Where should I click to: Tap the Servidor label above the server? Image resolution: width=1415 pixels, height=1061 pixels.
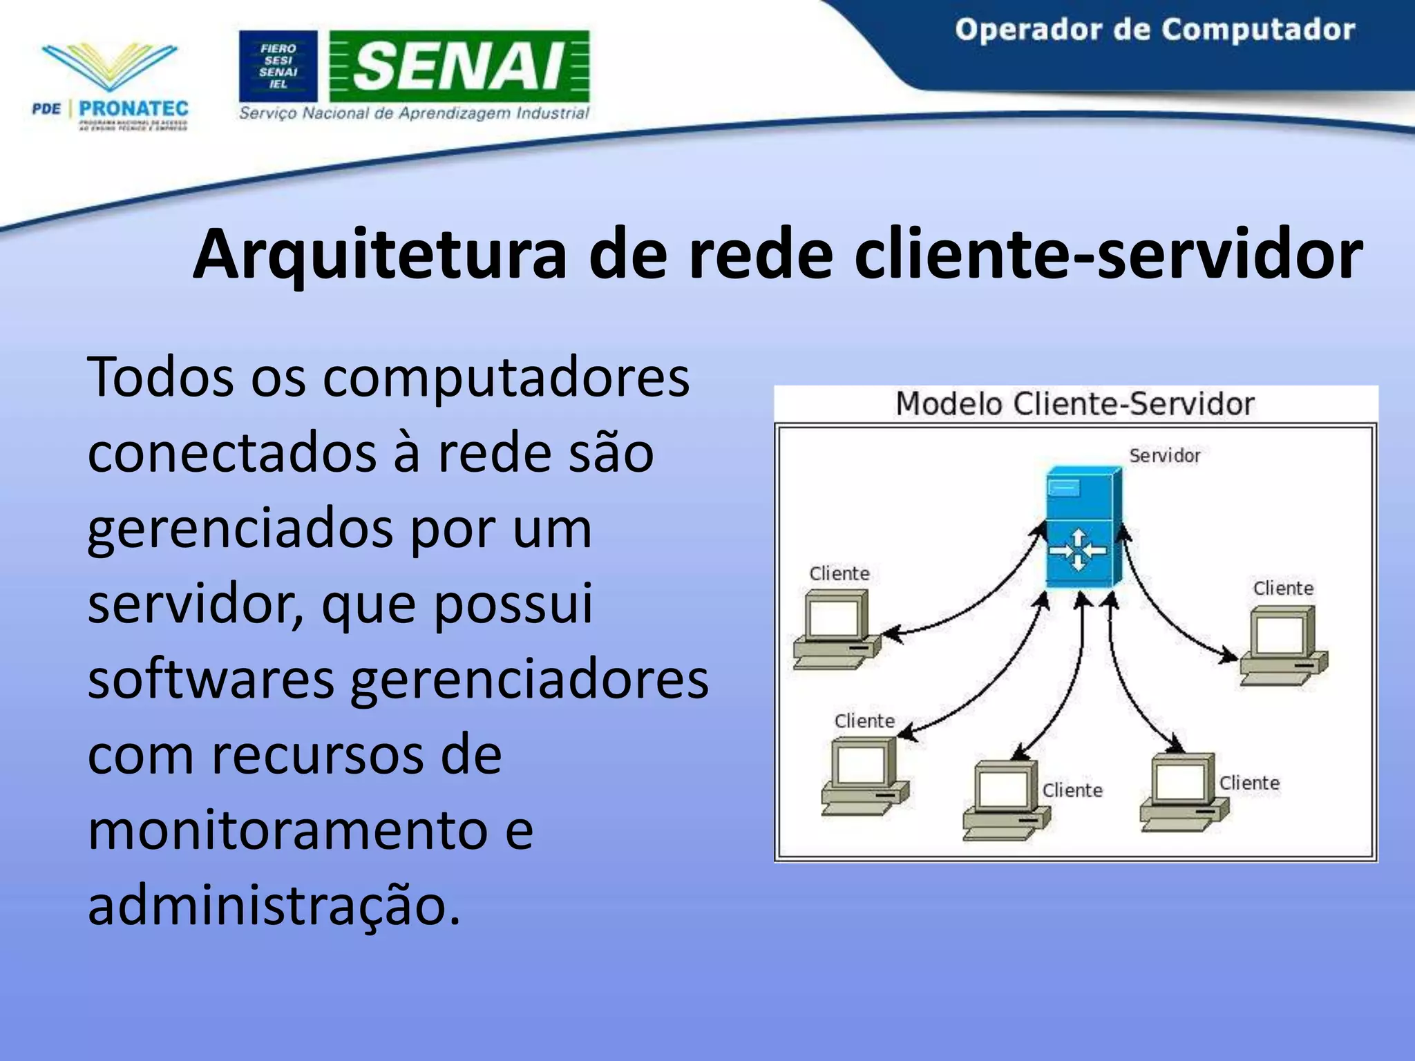(x=1165, y=456)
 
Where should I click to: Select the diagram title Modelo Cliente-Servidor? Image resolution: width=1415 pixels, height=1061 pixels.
(x=1074, y=404)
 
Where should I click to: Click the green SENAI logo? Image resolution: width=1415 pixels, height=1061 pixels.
(x=459, y=66)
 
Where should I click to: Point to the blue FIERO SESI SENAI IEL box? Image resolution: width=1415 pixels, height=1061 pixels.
(x=278, y=66)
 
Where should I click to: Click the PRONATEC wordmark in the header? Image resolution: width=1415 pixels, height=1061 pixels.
(x=133, y=108)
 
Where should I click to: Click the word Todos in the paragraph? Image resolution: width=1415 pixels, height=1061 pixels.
(x=160, y=377)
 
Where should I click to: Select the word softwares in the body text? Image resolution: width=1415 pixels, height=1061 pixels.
(x=211, y=680)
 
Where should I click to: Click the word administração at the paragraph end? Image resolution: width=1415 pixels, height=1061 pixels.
(x=273, y=906)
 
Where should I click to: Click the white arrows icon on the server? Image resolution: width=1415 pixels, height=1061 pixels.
(x=1077, y=551)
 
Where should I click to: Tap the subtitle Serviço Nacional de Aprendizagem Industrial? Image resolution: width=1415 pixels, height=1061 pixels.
(x=414, y=113)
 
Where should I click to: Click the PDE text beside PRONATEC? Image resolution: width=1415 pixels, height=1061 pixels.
(x=46, y=109)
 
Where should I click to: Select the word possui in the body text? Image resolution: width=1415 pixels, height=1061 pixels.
(x=513, y=604)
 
